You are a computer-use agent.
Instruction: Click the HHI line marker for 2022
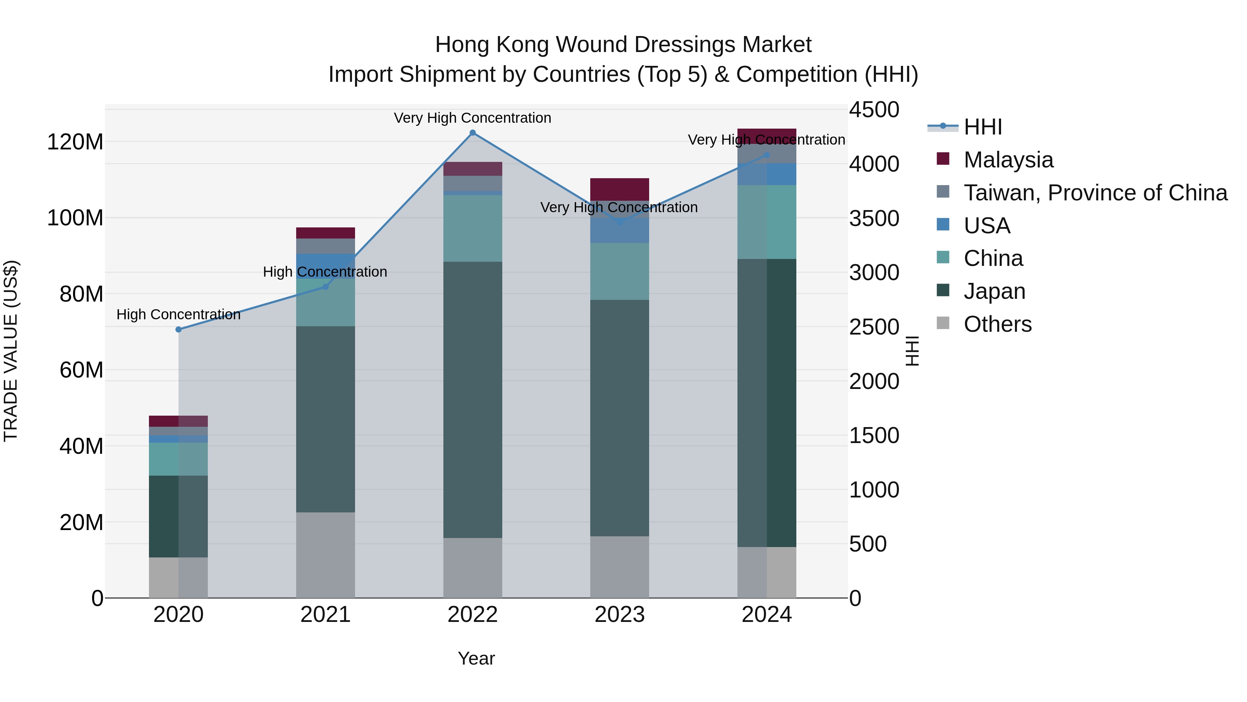tap(472, 133)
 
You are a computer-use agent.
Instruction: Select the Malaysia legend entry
tap(1008, 160)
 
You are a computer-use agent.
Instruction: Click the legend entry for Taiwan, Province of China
tap(1095, 193)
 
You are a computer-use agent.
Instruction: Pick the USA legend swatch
tap(943, 224)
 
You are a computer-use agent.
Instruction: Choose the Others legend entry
tap(997, 324)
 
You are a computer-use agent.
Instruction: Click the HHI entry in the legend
tap(982, 127)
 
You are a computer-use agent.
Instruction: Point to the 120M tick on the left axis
tap(75, 142)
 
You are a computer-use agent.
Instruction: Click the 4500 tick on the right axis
tap(874, 110)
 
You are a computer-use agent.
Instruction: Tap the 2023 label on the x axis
tap(620, 615)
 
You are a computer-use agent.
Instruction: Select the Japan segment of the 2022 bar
tap(472, 400)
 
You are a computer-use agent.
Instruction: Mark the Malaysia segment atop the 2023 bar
tap(620, 189)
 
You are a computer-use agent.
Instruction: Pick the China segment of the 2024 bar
tap(767, 222)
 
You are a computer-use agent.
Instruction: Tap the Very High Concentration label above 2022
tap(472, 118)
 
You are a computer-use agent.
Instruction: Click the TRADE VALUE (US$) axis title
tap(11, 351)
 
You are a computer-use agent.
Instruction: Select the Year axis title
tap(476, 658)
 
